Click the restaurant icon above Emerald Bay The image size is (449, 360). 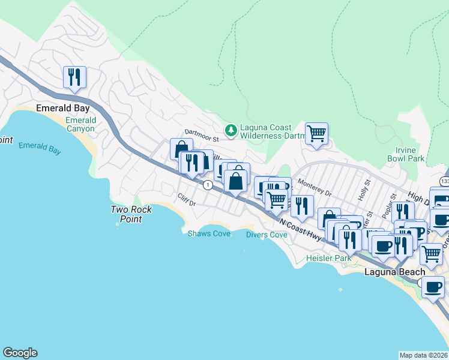coord(74,77)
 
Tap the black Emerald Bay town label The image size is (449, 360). coord(63,109)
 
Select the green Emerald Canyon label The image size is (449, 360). coord(80,125)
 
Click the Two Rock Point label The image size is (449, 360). coord(131,214)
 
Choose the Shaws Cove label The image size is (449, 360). coord(209,233)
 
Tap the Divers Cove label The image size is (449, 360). coord(267,235)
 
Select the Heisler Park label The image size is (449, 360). coord(328,258)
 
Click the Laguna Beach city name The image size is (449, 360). coord(394,272)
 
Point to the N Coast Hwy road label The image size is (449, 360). coord(300,229)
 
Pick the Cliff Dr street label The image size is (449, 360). coord(187,200)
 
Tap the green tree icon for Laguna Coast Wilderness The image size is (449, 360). coord(231,130)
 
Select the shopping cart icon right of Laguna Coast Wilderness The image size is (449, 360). coord(316,133)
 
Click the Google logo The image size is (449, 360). coord(20,353)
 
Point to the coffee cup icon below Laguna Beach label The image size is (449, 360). coord(433,287)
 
